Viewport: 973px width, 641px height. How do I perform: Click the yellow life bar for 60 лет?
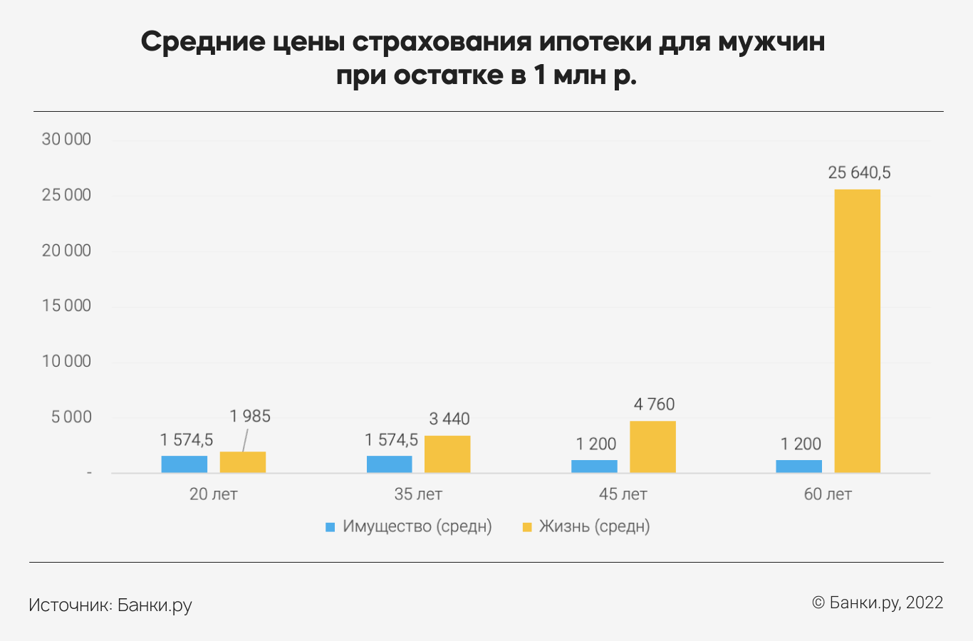pyautogui.click(x=857, y=330)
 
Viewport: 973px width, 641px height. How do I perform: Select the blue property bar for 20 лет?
pyautogui.click(x=184, y=464)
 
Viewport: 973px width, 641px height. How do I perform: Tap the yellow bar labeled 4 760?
pyautogui.click(x=652, y=447)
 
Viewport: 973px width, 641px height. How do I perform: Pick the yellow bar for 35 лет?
pyautogui.click(x=447, y=454)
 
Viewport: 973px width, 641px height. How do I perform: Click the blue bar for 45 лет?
pyautogui.click(x=594, y=467)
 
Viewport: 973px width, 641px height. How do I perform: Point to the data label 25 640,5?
pyautogui.click(x=859, y=173)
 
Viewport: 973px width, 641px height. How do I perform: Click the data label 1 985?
pyautogui.click(x=250, y=417)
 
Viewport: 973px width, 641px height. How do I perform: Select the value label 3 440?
pyautogui.click(x=449, y=419)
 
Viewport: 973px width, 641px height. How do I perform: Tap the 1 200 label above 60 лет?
pyautogui.click(x=801, y=444)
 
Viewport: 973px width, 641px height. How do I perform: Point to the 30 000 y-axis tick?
pyautogui.click(x=66, y=140)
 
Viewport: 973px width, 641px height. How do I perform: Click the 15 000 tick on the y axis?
pyautogui.click(x=66, y=306)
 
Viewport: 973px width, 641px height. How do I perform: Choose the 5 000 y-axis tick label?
pyautogui.click(x=71, y=417)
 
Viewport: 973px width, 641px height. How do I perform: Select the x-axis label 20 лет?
pyautogui.click(x=213, y=494)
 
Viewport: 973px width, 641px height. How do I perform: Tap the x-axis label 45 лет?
pyautogui.click(x=623, y=494)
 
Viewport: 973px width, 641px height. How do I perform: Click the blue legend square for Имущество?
pyautogui.click(x=330, y=527)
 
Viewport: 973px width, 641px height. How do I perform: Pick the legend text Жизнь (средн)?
pyautogui.click(x=594, y=527)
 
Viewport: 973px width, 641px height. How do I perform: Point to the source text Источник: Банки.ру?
pyautogui.click(x=110, y=605)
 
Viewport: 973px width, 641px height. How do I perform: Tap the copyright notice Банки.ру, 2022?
pyautogui.click(x=878, y=603)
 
